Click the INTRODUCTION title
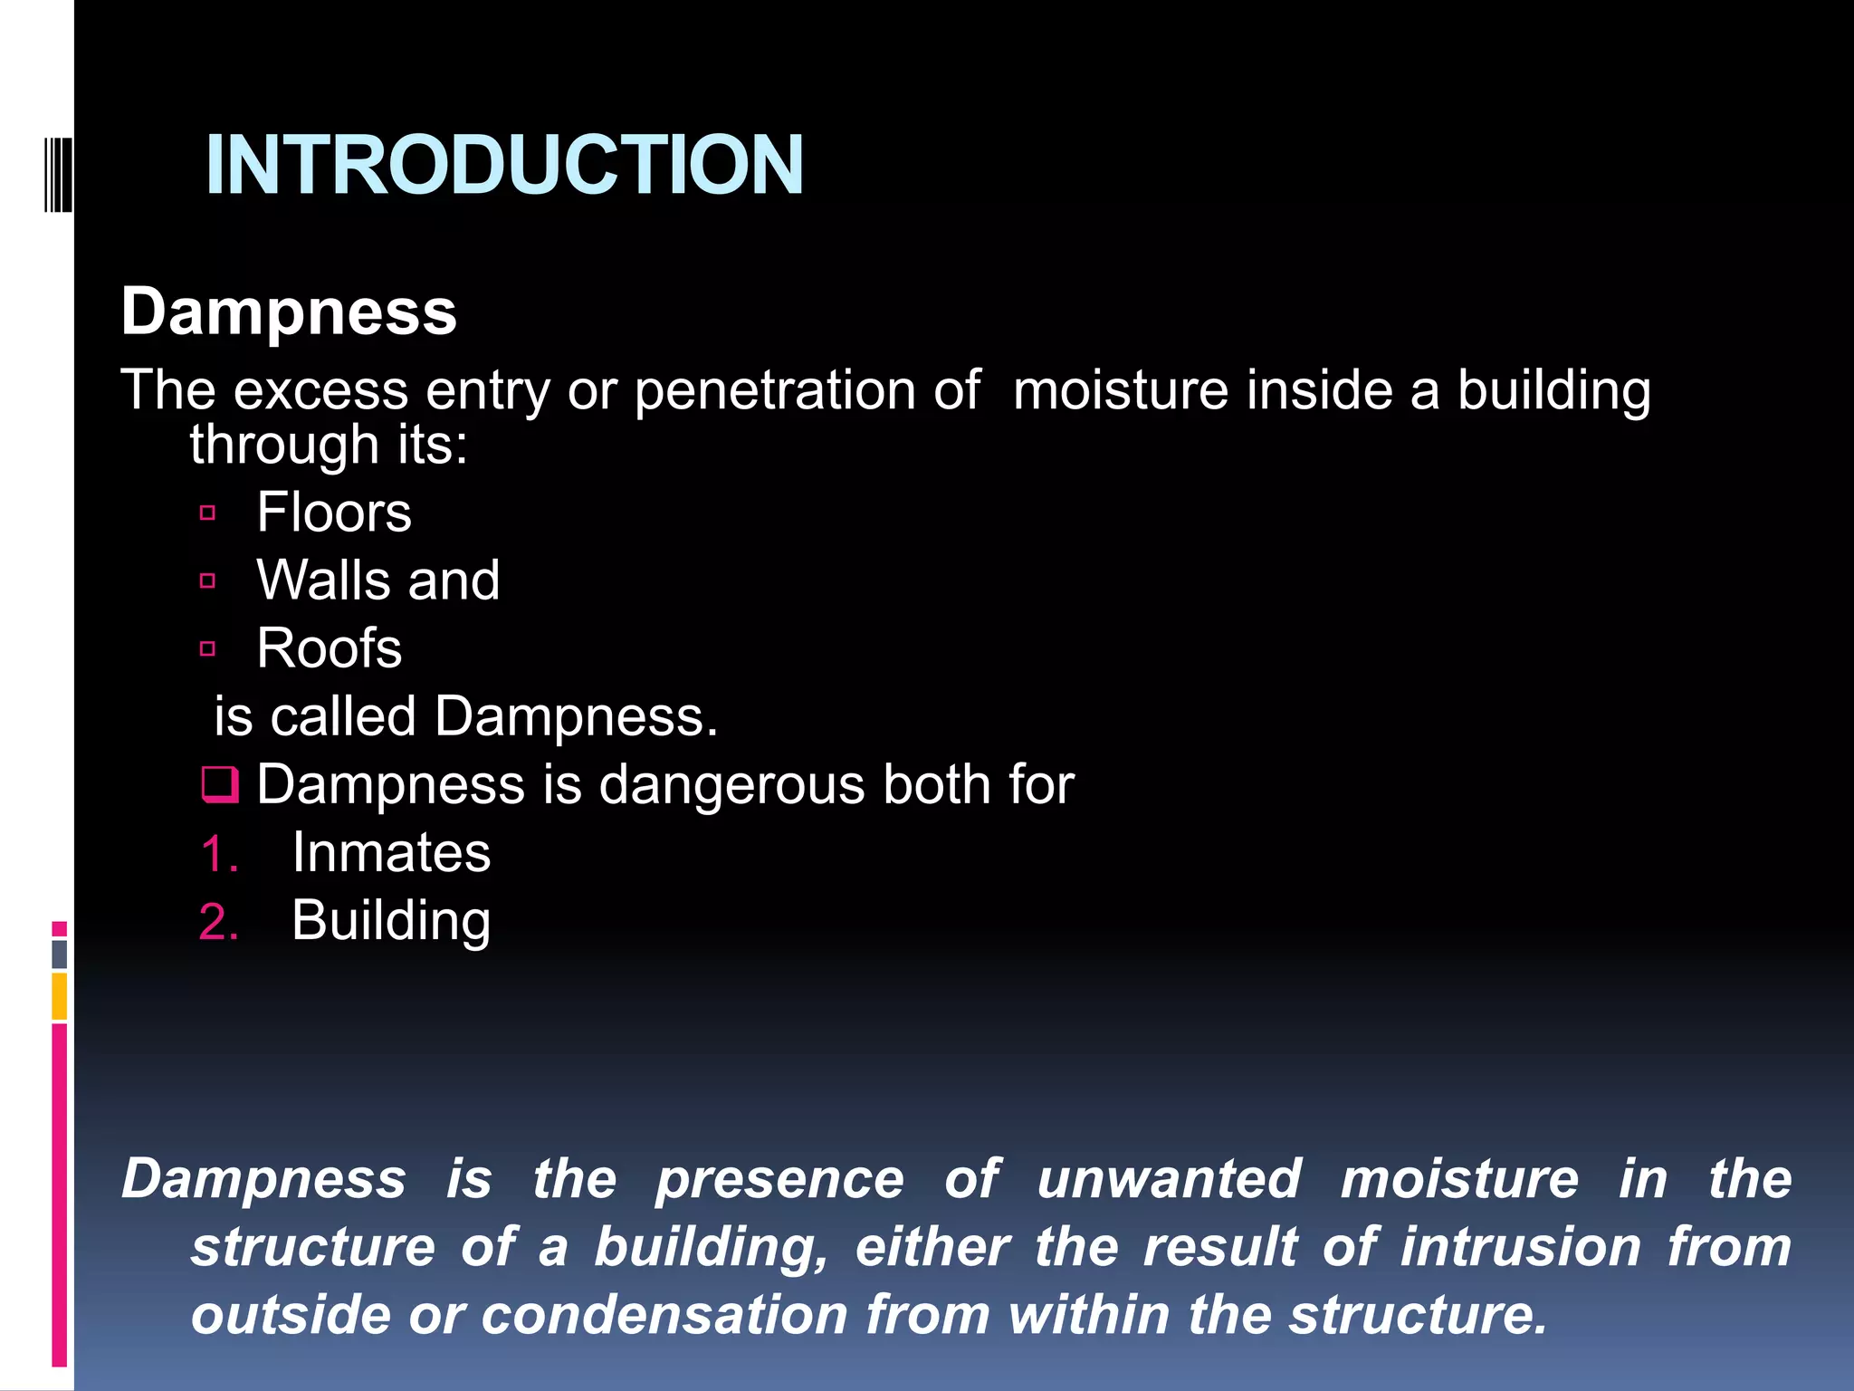504,165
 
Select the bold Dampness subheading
289,312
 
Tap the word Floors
333,513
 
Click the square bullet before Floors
208,513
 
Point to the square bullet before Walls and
208,581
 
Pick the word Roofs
329,648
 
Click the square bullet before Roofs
208,648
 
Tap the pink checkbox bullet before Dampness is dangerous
220,785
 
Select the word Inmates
391,853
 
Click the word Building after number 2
391,921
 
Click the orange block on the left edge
60,996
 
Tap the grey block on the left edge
60,955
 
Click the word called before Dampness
343,717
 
